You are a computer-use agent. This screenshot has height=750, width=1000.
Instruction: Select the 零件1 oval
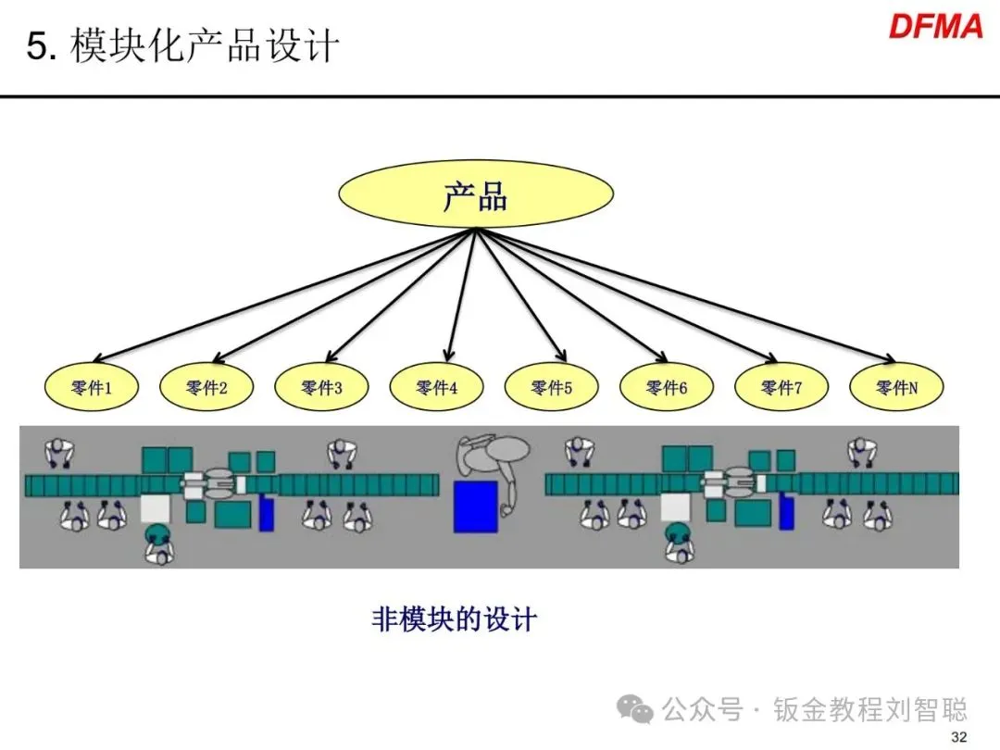(92, 388)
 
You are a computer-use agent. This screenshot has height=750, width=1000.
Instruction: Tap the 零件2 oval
(206, 388)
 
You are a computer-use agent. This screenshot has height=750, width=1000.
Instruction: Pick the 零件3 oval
(321, 388)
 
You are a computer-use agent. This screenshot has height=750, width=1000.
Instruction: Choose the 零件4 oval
(436, 388)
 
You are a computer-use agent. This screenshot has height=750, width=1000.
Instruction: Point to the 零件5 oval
(551, 388)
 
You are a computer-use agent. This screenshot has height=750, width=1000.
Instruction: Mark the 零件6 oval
(666, 388)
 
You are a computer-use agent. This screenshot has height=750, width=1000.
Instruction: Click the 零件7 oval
(781, 388)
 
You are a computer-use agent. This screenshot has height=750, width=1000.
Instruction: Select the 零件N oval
(895, 388)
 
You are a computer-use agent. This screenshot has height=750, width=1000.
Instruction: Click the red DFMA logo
(935, 26)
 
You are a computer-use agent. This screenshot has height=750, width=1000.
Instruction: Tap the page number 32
(958, 737)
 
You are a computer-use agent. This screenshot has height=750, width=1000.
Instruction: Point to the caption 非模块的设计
(454, 619)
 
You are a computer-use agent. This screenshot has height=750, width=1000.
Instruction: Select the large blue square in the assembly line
(476, 506)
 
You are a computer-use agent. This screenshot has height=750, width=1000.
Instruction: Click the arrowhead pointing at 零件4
(448, 356)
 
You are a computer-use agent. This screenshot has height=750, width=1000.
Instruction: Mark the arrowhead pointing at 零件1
(98, 359)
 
